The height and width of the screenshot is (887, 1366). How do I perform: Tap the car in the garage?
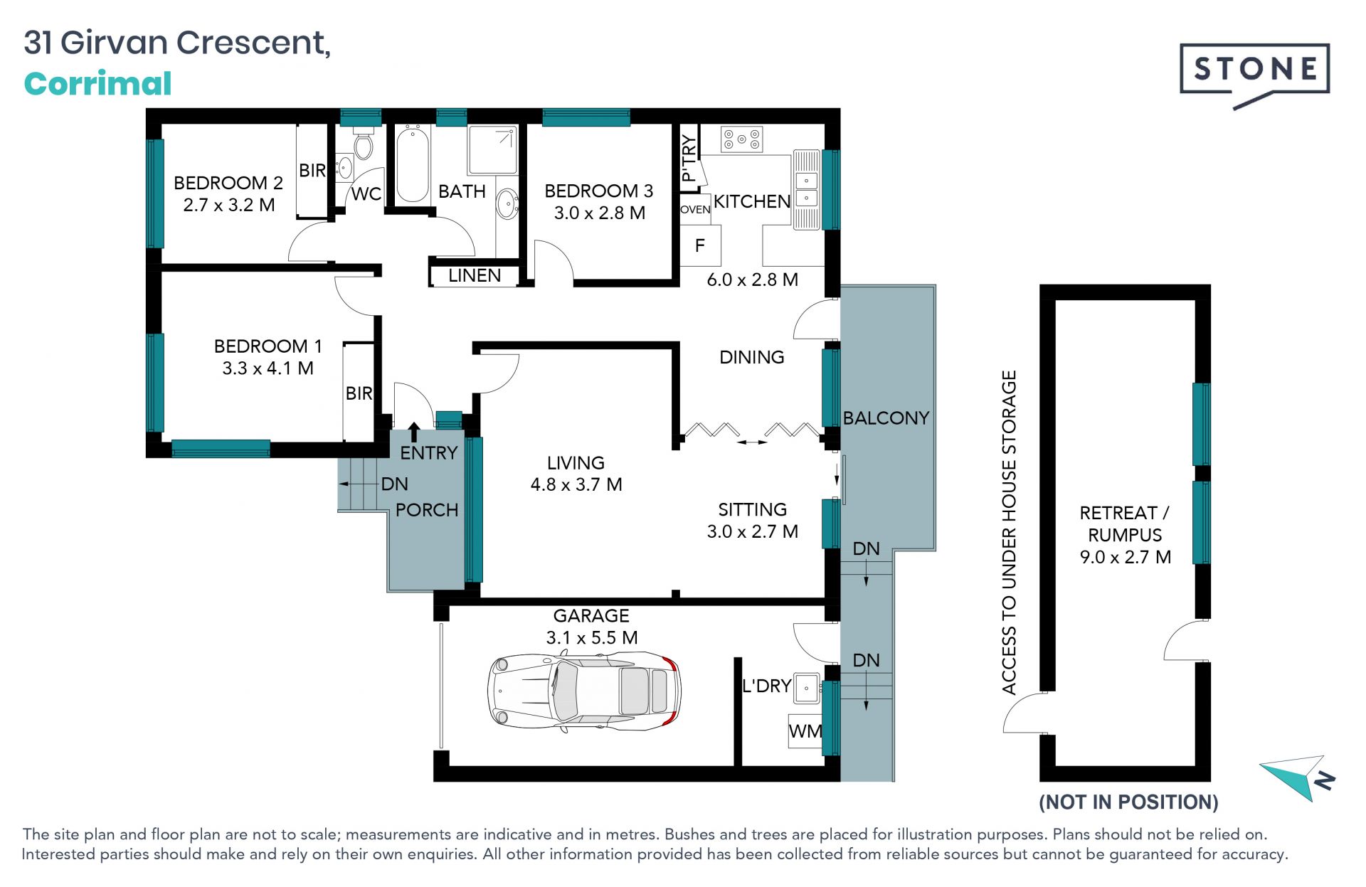(x=584, y=691)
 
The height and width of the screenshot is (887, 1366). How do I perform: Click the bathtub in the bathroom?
(x=413, y=164)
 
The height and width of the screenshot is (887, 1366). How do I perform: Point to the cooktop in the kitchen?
(x=742, y=139)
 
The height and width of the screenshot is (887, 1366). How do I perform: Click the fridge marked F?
(x=701, y=245)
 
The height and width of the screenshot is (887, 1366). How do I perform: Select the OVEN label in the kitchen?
(x=695, y=209)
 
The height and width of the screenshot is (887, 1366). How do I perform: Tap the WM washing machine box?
(x=805, y=731)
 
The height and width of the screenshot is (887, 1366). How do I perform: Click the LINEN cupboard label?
(x=475, y=275)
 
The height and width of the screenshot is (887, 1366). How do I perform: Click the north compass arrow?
(x=1296, y=777)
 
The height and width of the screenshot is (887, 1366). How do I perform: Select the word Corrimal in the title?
(x=98, y=84)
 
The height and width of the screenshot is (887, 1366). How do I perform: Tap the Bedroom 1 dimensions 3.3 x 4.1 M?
(x=268, y=368)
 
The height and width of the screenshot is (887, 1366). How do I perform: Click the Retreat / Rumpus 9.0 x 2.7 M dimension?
(x=1126, y=557)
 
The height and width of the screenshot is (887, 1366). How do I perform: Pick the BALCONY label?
(x=886, y=418)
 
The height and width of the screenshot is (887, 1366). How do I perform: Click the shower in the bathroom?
(x=492, y=150)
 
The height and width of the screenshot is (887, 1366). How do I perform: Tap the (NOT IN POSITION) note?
(x=1129, y=802)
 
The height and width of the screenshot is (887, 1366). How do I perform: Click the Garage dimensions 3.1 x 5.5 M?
(x=592, y=638)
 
